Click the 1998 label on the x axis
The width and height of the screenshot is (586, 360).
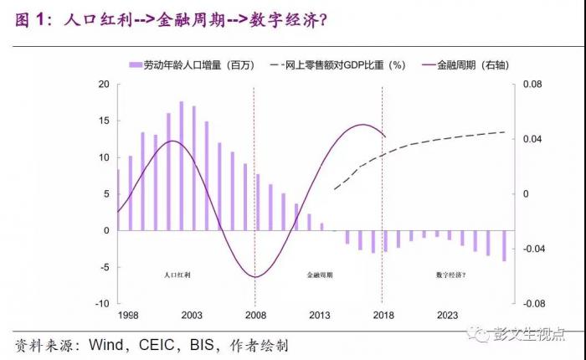[x=129, y=316]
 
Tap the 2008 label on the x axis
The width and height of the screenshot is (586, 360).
[x=254, y=316]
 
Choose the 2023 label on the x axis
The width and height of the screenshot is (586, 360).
[x=446, y=316]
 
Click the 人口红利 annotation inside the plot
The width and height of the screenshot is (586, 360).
[x=178, y=275]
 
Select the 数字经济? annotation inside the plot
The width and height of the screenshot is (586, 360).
[x=450, y=275]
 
